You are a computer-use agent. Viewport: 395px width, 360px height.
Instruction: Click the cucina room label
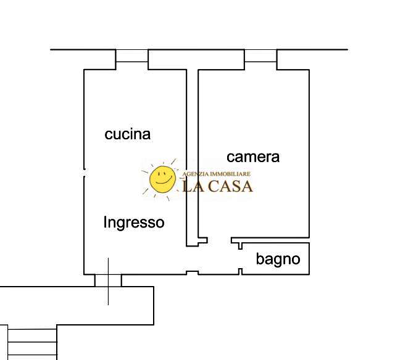click(x=128, y=134)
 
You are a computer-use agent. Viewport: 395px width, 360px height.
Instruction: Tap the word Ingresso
click(x=134, y=222)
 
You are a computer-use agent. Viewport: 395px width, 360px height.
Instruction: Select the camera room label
click(x=253, y=157)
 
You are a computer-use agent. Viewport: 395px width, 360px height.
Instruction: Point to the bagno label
click(x=278, y=260)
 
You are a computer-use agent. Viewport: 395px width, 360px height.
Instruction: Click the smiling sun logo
click(x=162, y=179)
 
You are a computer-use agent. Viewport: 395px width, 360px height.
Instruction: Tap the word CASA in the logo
click(x=230, y=186)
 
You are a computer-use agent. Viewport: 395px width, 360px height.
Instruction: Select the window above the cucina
click(x=132, y=56)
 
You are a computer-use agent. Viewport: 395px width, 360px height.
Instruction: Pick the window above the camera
click(x=260, y=56)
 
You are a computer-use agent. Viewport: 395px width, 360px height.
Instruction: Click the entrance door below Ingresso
click(x=108, y=280)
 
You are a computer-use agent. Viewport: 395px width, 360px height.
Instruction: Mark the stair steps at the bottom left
click(x=31, y=342)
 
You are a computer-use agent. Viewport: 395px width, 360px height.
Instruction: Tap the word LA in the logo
click(x=192, y=186)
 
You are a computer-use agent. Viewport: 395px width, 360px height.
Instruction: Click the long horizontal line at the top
click(x=197, y=49)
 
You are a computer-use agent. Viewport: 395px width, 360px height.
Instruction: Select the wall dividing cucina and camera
click(x=192, y=154)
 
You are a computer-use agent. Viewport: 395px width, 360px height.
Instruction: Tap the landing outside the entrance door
click(x=74, y=305)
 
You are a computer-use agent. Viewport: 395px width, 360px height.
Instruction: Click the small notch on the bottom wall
click(x=193, y=272)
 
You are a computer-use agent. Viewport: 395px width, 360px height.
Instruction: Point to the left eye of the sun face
click(x=158, y=174)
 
